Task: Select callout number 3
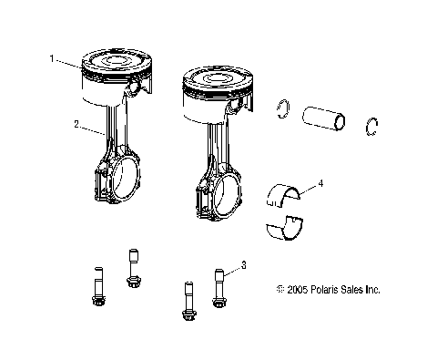(x=243, y=265)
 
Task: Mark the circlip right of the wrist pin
(x=372, y=127)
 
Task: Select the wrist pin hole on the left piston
(x=137, y=88)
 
